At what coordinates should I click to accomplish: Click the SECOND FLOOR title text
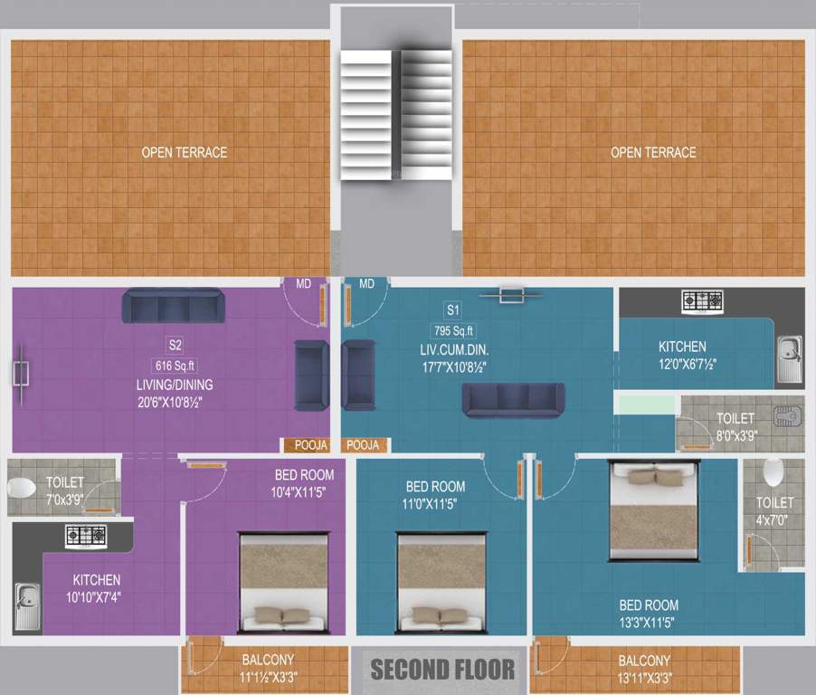(442, 670)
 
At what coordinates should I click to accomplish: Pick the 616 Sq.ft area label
(174, 366)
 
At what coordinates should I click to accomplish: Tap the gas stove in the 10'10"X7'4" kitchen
(86, 536)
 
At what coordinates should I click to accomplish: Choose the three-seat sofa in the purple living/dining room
(172, 306)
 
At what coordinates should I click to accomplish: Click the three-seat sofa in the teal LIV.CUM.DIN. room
(513, 399)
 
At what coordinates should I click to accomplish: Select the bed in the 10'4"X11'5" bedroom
(283, 584)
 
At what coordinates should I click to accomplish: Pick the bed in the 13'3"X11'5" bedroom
(653, 510)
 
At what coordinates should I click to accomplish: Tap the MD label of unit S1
(366, 284)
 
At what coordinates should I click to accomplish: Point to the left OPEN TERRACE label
(185, 152)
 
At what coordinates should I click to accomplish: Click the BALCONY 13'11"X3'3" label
(644, 668)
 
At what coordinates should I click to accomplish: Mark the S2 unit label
(175, 345)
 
